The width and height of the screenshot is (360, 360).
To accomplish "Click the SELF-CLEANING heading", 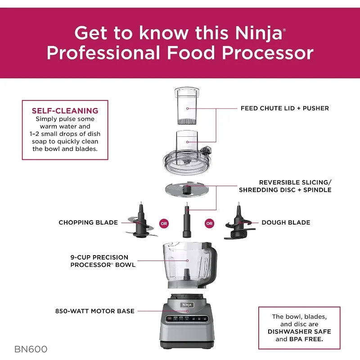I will (65, 110).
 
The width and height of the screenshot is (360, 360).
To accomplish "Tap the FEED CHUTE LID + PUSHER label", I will (284, 108).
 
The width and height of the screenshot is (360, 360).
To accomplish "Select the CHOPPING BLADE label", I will (88, 222).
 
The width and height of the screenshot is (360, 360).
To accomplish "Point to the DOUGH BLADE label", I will (286, 222).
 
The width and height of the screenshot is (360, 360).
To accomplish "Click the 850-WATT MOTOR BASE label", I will (95, 311).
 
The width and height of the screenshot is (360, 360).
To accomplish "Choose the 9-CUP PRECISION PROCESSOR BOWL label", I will (103, 261).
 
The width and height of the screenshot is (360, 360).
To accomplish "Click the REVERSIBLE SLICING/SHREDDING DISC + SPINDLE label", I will (295, 186).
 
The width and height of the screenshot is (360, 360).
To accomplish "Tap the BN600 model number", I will (31, 349).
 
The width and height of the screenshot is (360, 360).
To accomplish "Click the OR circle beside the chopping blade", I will (164, 223).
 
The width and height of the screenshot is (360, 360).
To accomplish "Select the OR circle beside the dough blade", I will (209, 223).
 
